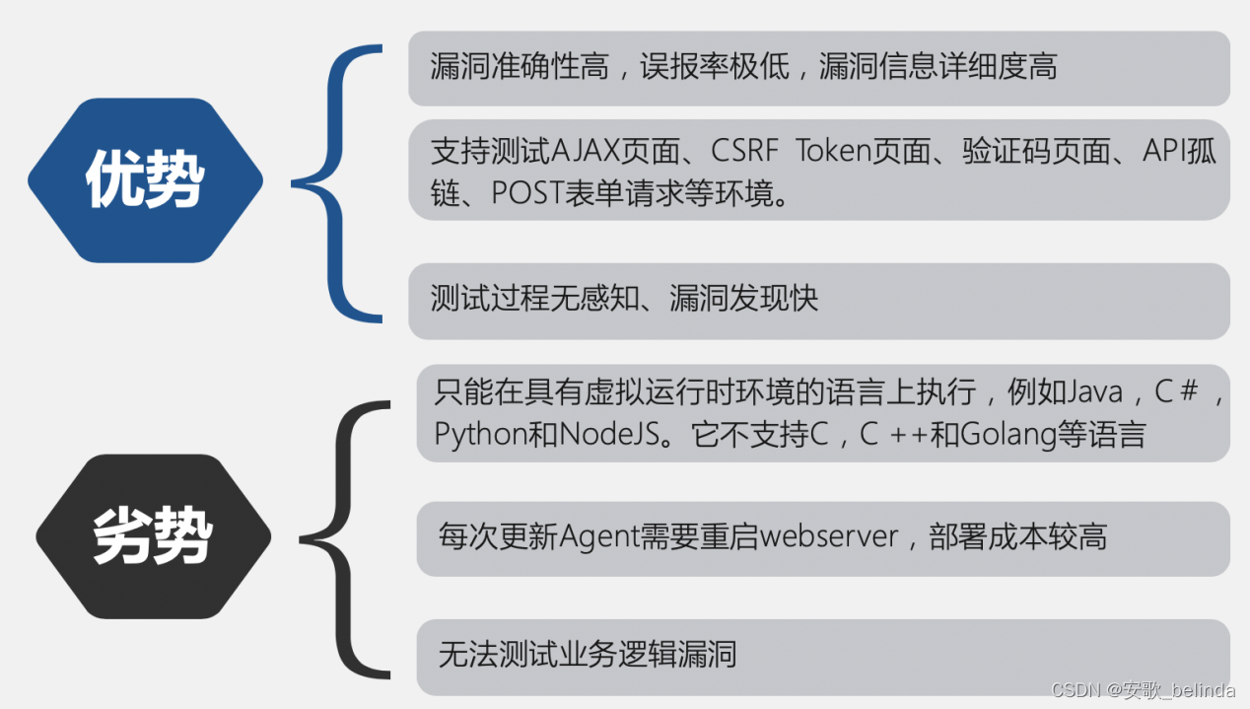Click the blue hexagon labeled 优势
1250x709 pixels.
coord(145,180)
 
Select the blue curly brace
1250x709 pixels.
coord(340,182)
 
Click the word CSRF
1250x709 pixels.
coord(738,152)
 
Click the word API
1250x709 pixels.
coord(1165,152)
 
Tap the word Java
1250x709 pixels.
coord(1096,392)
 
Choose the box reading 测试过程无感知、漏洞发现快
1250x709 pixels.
coord(818,300)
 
